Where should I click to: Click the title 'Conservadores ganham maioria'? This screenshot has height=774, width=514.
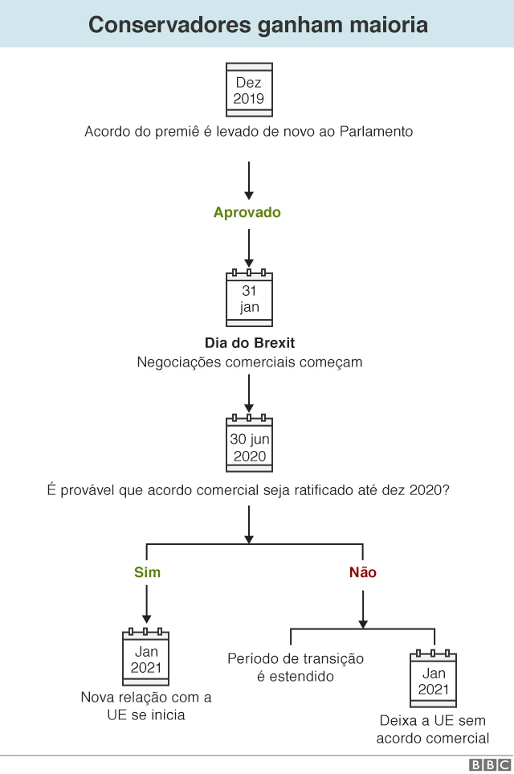(x=258, y=25)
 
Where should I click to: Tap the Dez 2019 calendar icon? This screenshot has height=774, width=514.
(x=249, y=90)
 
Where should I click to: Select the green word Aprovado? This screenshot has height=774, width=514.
(x=247, y=212)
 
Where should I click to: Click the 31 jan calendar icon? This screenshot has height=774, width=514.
(x=249, y=298)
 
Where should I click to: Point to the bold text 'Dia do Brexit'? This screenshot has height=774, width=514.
(x=250, y=342)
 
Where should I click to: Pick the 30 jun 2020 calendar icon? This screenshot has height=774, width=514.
(x=249, y=444)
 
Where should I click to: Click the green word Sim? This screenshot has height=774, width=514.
(x=147, y=572)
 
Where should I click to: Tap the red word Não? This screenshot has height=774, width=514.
(x=362, y=572)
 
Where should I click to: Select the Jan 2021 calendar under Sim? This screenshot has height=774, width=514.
(x=146, y=657)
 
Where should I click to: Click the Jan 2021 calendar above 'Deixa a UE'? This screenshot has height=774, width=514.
(x=433, y=678)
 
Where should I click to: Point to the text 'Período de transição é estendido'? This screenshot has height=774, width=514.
(x=296, y=667)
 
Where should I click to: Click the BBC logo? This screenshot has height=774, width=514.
(x=490, y=764)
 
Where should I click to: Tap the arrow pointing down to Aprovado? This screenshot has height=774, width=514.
(x=249, y=181)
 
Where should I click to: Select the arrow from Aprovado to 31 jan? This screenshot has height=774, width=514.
(x=249, y=248)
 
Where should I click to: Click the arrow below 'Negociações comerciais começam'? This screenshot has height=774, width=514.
(x=249, y=393)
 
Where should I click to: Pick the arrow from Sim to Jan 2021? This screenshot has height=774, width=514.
(x=146, y=604)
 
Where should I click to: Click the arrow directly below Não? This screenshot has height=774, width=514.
(x=363, y=609)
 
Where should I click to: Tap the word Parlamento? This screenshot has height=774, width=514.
(x=377, y=132)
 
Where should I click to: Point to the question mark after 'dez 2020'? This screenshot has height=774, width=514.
(x=446, y=490)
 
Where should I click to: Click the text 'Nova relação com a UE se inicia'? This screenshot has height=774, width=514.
(x=146, y=706)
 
